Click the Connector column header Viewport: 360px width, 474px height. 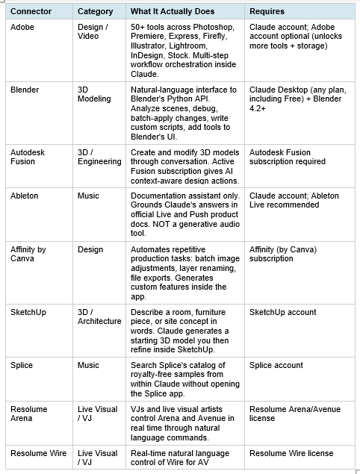[31, 11]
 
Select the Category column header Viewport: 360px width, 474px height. [95, 11]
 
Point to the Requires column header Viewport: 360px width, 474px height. [268, 11]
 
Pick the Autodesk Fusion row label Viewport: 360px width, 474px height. [28, 156]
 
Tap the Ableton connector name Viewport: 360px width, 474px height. [25, 196]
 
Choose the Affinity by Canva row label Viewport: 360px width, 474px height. [28, 253]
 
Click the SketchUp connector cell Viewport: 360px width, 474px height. [28, 311]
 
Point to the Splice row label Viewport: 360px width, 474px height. [22, 365]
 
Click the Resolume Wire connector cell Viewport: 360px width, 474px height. [39, 453]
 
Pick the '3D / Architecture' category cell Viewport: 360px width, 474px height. [99, 316]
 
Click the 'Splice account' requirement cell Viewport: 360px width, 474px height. [276, 365]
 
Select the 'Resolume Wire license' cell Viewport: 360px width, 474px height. [291, 453]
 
